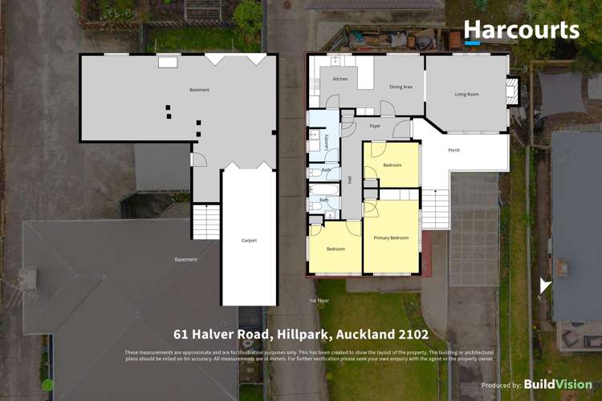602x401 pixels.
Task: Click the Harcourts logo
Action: pyautogui.click(x=521, y=31)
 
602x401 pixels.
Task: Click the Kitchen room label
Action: pyautogui.click(x=340, y=79)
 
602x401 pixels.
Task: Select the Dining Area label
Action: pyautogui.click(x=401, y=87)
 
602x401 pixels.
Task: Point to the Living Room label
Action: pyautogui.click(x=466, y=95)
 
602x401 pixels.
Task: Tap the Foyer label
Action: pyautogui.click(x=374, y=126)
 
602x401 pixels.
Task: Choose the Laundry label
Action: pyautogui.click(x=326, y=141)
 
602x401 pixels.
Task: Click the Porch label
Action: pyautogui.click(x=454, y=148)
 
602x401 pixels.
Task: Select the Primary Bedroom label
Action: pyautogui.click(x=391, y=238)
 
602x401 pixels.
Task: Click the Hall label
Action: pyautogui.click(x=350, y=180)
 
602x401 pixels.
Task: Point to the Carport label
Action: pyautogui.click(x=249, y=240)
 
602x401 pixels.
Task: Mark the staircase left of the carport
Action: pyautogui.click(x=205, y=221)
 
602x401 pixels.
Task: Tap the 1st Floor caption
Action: pyautogui.click(x=319, y=300)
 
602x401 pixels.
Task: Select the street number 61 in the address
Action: pyautogui.click(x=181, y=334)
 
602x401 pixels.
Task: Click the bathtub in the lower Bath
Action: pyautogui.click(x=315, y=205)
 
